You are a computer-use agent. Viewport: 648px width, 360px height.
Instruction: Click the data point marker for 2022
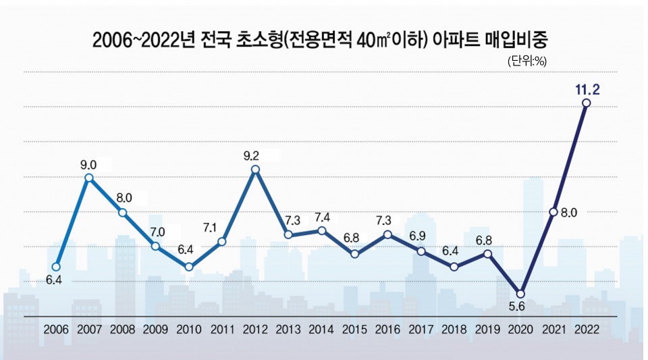(586, 103)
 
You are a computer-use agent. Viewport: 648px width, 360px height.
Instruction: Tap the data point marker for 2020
(520, 294)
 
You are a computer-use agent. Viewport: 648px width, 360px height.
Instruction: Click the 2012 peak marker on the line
(255, 169)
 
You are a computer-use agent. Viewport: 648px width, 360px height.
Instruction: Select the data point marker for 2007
(88, 177)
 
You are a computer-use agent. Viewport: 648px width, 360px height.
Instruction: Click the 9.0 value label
(88, 164)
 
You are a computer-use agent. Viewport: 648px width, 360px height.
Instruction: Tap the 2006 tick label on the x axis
(56, 330)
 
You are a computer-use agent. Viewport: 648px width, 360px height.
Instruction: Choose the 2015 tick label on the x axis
(354, 330)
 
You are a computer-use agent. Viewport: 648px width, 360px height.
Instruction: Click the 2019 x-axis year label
(487, 330)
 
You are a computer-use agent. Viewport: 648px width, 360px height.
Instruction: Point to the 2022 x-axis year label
(586, 330)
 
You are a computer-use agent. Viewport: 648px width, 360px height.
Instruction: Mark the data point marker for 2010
(189, 267)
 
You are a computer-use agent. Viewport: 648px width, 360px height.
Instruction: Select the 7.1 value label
(209, 228)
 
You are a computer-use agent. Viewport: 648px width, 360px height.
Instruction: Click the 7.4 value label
(322, 217)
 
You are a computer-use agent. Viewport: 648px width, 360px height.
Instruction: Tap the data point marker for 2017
(421, 251)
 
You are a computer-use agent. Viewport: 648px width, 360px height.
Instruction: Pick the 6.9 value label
(418, 236)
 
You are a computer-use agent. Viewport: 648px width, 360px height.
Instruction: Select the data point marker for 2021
(553, 212)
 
